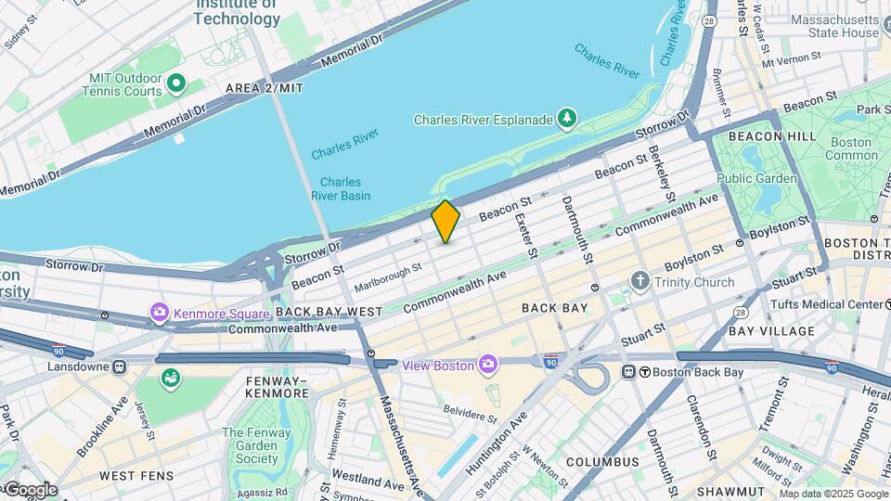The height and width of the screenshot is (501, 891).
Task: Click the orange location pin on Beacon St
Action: (x=445, y=221)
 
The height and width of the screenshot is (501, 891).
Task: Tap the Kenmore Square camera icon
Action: (x=160, y=311)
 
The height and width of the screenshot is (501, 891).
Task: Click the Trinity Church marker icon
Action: (x=639, y=281)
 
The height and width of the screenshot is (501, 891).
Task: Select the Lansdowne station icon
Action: (x=119, y=366)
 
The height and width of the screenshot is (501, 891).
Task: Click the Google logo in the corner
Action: (x=30, y=489)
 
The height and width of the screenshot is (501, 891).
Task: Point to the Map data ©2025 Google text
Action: (x=833, y=494)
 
